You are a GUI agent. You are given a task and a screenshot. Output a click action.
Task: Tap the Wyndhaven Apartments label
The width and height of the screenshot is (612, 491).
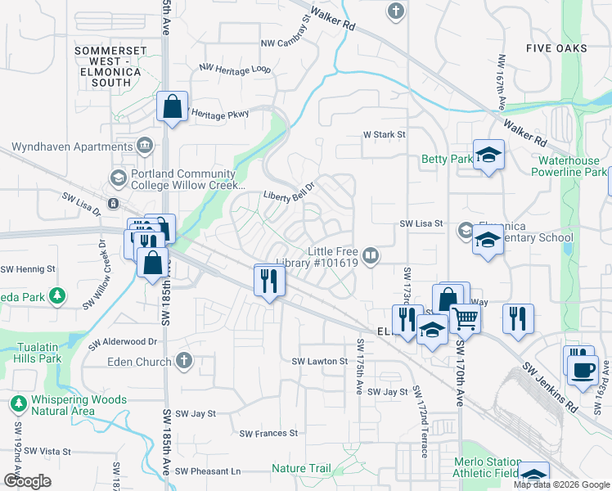(71, 147)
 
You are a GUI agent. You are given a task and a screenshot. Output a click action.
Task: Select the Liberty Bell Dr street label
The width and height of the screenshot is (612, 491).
(289, 196)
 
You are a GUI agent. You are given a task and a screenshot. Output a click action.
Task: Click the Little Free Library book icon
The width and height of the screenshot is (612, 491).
(371, 257)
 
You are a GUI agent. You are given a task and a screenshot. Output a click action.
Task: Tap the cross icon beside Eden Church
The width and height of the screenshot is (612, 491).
(184, 359)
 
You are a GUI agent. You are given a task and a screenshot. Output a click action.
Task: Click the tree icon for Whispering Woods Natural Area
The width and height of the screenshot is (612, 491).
(17, 404)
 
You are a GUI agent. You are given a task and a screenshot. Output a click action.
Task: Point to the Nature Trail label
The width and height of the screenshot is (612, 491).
(301, 469)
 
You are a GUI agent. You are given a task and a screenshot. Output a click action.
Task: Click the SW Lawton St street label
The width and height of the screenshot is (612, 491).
(320, 361)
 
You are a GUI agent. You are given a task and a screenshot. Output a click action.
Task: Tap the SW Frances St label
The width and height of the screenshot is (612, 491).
(268, 433)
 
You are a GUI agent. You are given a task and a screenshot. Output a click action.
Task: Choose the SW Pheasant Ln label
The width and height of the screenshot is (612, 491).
(208, 471)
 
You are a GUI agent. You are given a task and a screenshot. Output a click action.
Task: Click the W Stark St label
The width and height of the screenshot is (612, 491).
(385, 135)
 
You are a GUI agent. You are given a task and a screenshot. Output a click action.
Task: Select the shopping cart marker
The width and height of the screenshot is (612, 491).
(465, 318)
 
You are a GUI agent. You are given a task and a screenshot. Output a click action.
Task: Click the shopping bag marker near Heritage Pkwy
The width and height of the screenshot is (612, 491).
(173, 106)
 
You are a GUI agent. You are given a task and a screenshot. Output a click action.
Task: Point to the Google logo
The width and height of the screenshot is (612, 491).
(28, 481)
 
